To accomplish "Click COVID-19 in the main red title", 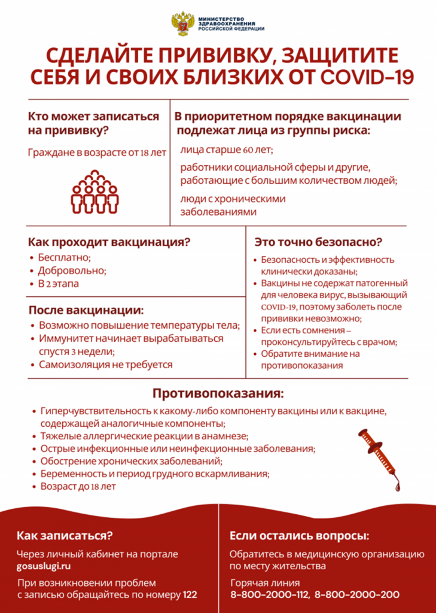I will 367,79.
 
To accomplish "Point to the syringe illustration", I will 380,458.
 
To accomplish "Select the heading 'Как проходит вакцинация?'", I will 109,242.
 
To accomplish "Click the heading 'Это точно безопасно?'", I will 318,242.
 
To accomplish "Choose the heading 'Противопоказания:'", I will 218,394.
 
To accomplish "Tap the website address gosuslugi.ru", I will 47,566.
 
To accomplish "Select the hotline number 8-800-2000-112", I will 270,595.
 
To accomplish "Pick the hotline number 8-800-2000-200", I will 357,595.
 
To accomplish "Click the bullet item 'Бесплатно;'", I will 64,258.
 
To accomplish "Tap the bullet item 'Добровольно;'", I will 72,271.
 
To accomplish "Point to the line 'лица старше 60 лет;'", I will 227,149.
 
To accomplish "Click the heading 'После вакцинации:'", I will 86,310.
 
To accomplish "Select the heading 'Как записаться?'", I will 65,535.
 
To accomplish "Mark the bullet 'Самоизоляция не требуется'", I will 106,364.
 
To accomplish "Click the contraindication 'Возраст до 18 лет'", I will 78,487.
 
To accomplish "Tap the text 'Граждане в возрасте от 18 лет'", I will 97,153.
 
